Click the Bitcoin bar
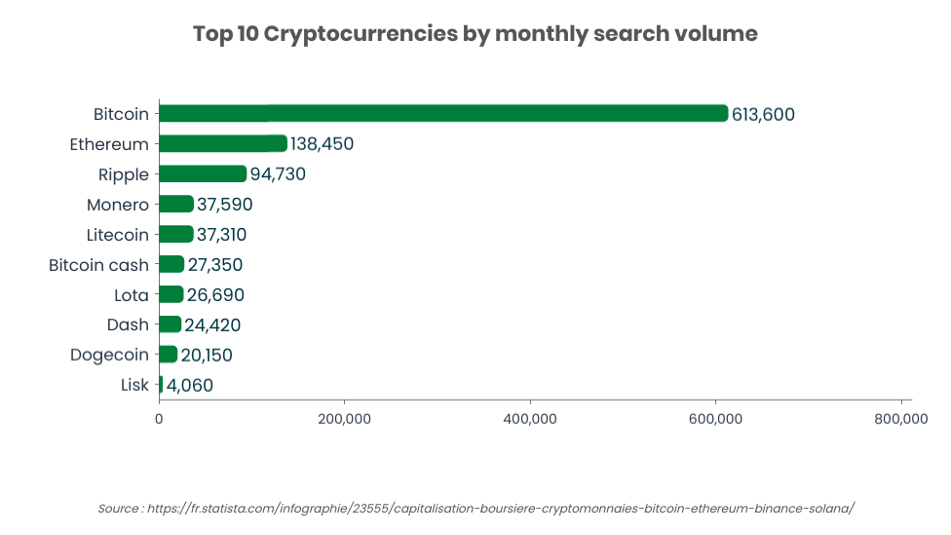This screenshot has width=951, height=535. tap(443, 113)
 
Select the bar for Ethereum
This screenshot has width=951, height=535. tap(222, 143)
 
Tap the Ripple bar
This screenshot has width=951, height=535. tap(202, 173)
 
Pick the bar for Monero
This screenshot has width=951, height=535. tap(175, 204)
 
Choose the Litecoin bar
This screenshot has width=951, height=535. tap(175, 234)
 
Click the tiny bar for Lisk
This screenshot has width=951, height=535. tap(161, 385)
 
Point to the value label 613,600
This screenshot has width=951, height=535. tap(763, 114)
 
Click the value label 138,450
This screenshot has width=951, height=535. tap(322, 144)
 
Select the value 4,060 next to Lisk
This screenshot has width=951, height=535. tap(190, 386)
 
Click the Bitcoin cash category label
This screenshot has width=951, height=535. tap(99, 265)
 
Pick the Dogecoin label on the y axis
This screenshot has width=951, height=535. tap(110, 355)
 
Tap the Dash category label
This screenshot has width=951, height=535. tap(129, 325)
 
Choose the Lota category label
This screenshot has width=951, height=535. tap(132, 294)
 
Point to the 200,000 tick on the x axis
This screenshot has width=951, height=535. tap(344, 419)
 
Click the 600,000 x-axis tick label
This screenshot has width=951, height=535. tap(715, 419)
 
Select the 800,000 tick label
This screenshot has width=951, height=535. tap(900, 419)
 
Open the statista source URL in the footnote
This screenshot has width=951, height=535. tap(501, 509)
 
